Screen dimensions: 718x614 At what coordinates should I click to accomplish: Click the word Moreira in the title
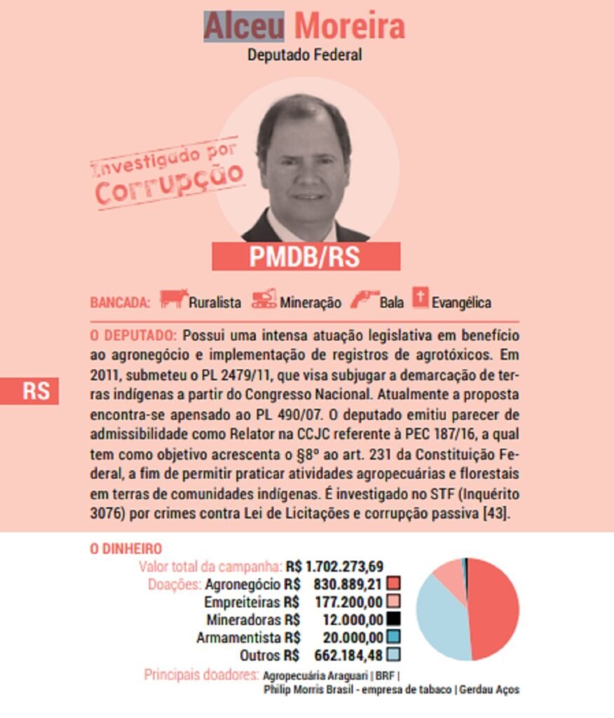[349, 27]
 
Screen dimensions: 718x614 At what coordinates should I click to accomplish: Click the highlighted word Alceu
[244, 27]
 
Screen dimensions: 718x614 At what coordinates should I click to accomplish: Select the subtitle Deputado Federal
[305, 55]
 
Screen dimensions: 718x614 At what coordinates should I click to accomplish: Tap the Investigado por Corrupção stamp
[168, 172]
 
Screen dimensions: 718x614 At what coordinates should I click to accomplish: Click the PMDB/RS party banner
[306, 257]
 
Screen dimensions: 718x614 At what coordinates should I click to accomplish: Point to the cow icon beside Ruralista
[173, 299]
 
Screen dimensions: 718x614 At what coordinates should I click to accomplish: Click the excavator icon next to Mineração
[264, 299]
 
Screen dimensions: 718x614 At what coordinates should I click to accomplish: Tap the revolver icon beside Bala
[364, 299]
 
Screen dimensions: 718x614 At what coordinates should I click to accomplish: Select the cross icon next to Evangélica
[420, 298]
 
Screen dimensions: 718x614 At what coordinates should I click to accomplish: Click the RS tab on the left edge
[29, 391]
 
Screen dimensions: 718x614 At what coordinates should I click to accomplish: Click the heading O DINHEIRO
[125, 549]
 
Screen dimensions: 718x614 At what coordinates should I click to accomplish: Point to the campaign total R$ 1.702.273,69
[334, 567]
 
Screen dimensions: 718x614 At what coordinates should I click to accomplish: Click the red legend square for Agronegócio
[393, 583]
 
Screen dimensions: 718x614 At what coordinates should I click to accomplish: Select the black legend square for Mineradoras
[393, 619]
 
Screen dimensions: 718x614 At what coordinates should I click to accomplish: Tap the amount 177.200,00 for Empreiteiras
[353, 602]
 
